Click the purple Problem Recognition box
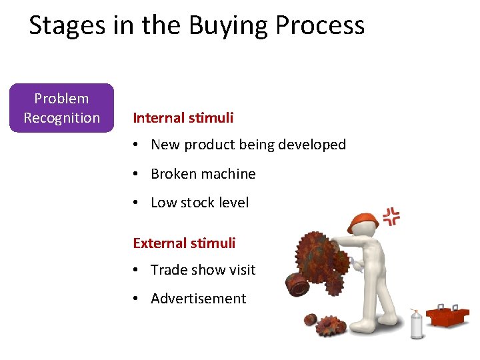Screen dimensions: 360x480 pyautogui.click(x=61, y=108)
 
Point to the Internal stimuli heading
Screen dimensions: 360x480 pyautogui.click(x=183, y=118)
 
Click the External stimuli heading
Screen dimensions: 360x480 pyautogui.click(x=184, y=243)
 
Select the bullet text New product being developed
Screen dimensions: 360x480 pyautogui.click(x=248, y=145)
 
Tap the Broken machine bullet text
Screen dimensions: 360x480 pyautogui.click(x=203, y=174)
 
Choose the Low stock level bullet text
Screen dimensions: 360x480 pyautogui.click(x=199, y=203)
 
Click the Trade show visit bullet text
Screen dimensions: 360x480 pyautogui.click(x=203, y=270)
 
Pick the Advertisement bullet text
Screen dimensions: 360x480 pyautogui.click(x=198, y=299)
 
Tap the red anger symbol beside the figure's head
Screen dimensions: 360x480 pyautogui.click(x=391, y=217)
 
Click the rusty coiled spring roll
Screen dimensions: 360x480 pyautogui.click(x=297, y=285)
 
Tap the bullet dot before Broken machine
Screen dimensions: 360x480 pyautogui.click(x=135, y=174)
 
